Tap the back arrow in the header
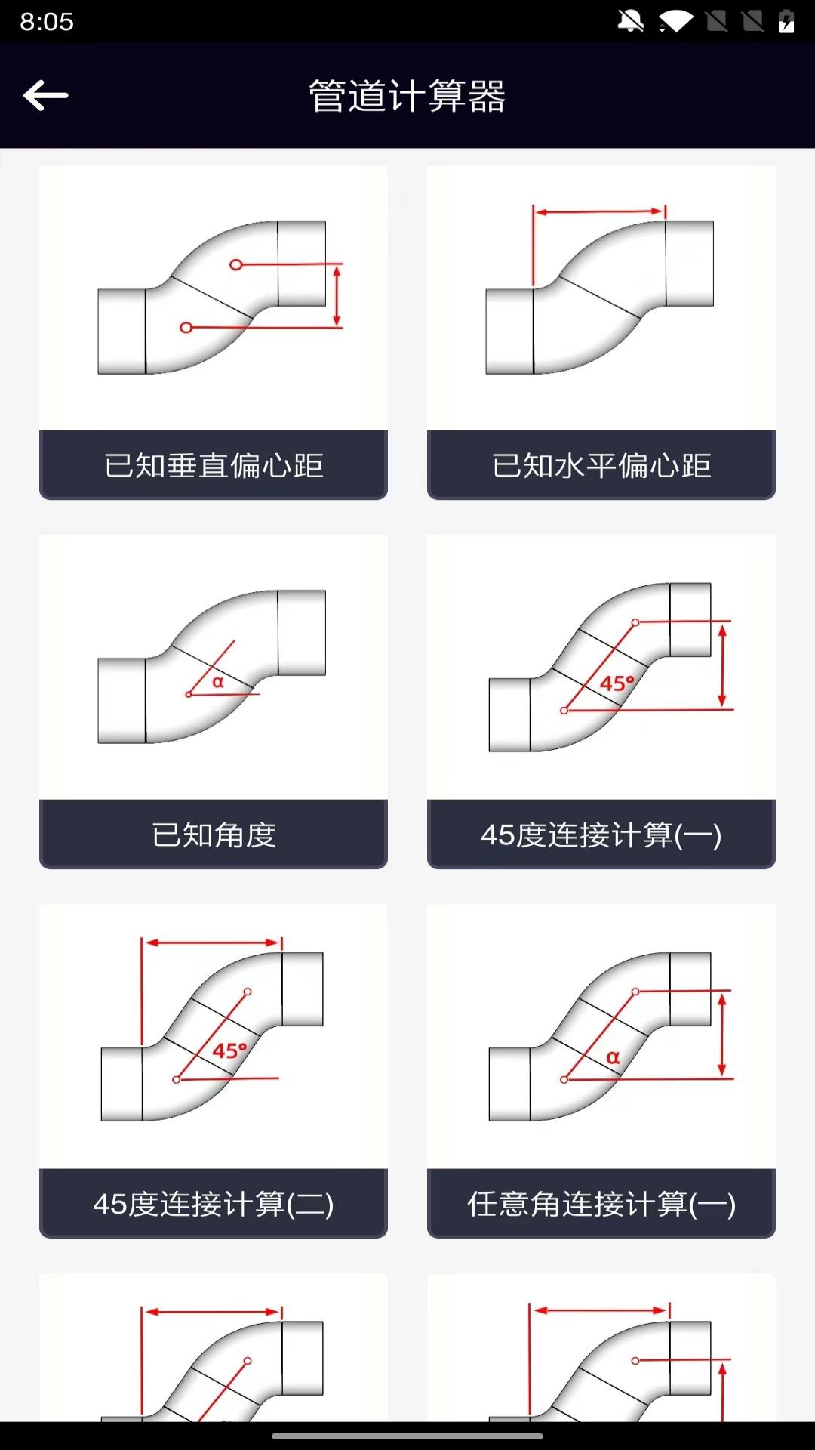click(x=46, y=95)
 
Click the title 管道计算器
click(x=407, y=96)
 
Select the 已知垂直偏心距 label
click(x=214, y=465)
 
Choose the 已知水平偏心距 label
click(x=601, y=465)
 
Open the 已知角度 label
click(x=214, y=835)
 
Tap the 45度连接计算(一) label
click(x=601, y=835)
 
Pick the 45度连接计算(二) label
click(x=214, y=1204)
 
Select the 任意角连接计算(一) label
click(x=601, y=1204)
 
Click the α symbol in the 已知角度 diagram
click(x=218, y=682)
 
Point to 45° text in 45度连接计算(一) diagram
click(x=617, y=683)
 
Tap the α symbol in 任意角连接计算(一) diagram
click(x=613, y=1057)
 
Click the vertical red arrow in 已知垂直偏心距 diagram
click(x=337, y=295)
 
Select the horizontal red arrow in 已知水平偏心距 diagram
click(x=600, y=212)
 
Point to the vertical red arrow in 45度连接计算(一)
click(x=722, y=665)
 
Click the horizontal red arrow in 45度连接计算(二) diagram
click(x=212, y=942)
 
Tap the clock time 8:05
click(x=47, y=21)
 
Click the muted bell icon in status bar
click(x=631, y=21)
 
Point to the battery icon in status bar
click(x=786, y=21)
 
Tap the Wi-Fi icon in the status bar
click(x=675, y=21)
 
